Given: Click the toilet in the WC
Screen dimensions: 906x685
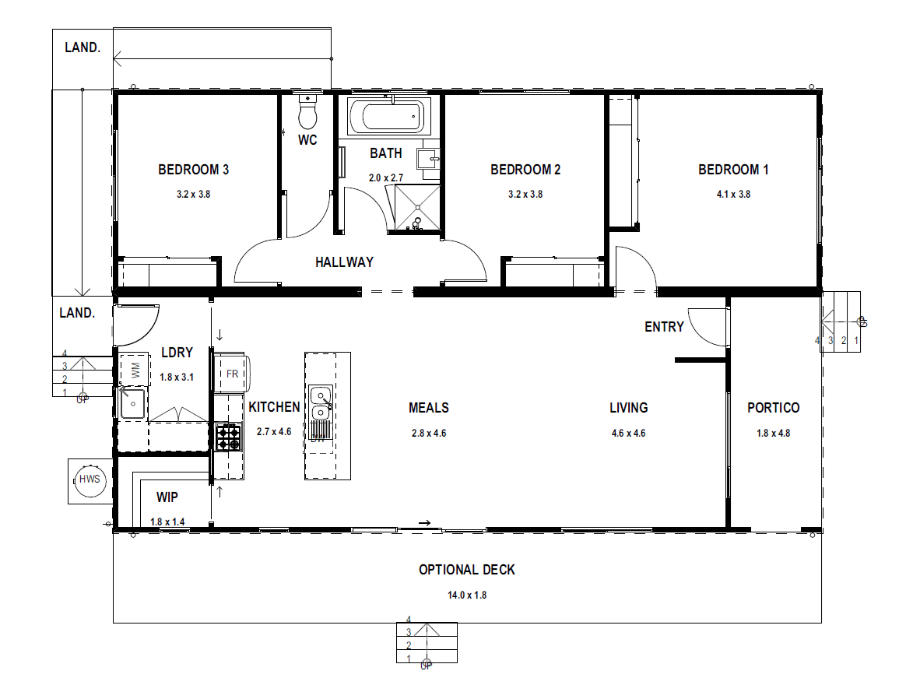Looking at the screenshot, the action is (x=307, y=111).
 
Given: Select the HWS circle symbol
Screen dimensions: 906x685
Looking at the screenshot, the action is (x=90, y=479).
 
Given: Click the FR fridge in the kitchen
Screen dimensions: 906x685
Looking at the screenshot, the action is (x=232, y=374).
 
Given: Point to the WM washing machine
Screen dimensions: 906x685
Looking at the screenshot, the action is (x=135, y=370).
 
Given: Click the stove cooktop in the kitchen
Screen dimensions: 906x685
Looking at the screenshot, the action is (x=227, y=437).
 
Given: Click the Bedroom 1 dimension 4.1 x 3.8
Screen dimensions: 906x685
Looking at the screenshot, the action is (x=733, y=195).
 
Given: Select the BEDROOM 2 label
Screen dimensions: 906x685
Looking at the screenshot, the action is (x=525, y=170).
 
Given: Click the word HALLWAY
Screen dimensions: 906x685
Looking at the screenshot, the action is (x=344, y=262).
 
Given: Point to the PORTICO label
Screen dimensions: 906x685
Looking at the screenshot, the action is (x=773, y=408).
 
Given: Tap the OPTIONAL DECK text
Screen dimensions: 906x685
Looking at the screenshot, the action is (x=467, y=569).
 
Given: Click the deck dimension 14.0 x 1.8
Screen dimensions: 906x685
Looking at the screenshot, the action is (x=467, y=595).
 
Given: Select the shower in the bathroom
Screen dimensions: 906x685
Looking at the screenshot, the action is (x=417, y=208).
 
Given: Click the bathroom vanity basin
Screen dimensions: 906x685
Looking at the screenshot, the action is (x=430, y=158).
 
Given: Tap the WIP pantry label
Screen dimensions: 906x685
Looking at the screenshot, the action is (x=167, y=497).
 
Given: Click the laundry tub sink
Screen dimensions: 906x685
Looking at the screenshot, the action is (x=133, y=403).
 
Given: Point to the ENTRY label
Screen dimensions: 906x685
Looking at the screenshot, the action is (x=664, y=327).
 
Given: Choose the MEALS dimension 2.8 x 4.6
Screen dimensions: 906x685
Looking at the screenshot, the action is (x=429, y=433).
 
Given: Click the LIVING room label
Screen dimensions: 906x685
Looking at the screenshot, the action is (x=629, y=408).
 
